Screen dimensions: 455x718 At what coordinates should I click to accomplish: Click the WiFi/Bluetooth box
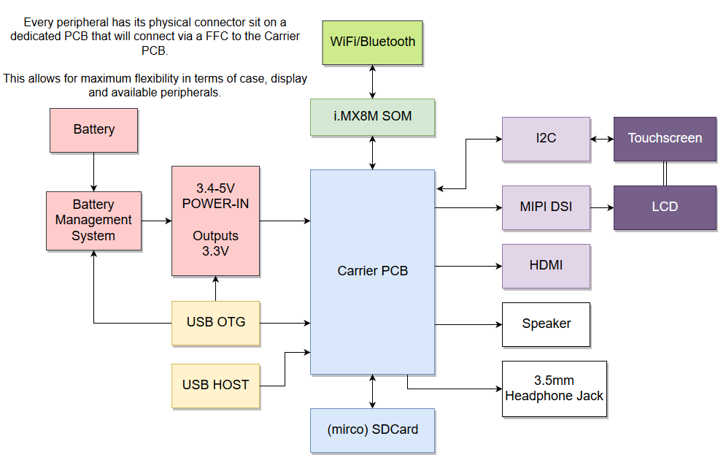(x=372, y=42)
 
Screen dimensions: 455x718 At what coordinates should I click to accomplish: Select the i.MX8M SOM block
(x=372, y=117)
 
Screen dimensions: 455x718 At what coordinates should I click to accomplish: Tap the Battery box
(x=93, y=130)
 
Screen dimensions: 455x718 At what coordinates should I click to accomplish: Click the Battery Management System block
(x=93, y=221)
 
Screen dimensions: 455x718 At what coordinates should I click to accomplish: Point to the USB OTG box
(x=215, y=322)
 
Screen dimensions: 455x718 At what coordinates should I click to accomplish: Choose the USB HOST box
(x=215, y=385)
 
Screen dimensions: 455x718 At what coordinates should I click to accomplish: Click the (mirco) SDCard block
(x=372, y=429)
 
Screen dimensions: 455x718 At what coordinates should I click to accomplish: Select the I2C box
(x=546, y=139)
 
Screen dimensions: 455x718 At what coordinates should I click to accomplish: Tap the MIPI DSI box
(x=546, y=207)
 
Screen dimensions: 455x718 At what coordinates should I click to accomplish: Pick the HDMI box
(x=546, y=266)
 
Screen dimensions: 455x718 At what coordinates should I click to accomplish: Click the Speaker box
(x=546, y=324)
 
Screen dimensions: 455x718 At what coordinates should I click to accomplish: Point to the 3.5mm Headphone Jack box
(x=555, y=389)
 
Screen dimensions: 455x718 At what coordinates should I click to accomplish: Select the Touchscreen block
(x=665, y=139)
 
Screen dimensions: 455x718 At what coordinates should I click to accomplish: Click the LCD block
(x=665, y=207)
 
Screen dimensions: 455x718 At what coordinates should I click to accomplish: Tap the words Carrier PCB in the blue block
(x=372, y=271)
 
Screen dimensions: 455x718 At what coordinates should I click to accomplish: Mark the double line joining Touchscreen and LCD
(x=665, y=173)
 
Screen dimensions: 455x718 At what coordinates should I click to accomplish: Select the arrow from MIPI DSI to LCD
(x=602, y=207)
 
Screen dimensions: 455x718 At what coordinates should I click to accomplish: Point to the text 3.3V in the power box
(x=215, y=252)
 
